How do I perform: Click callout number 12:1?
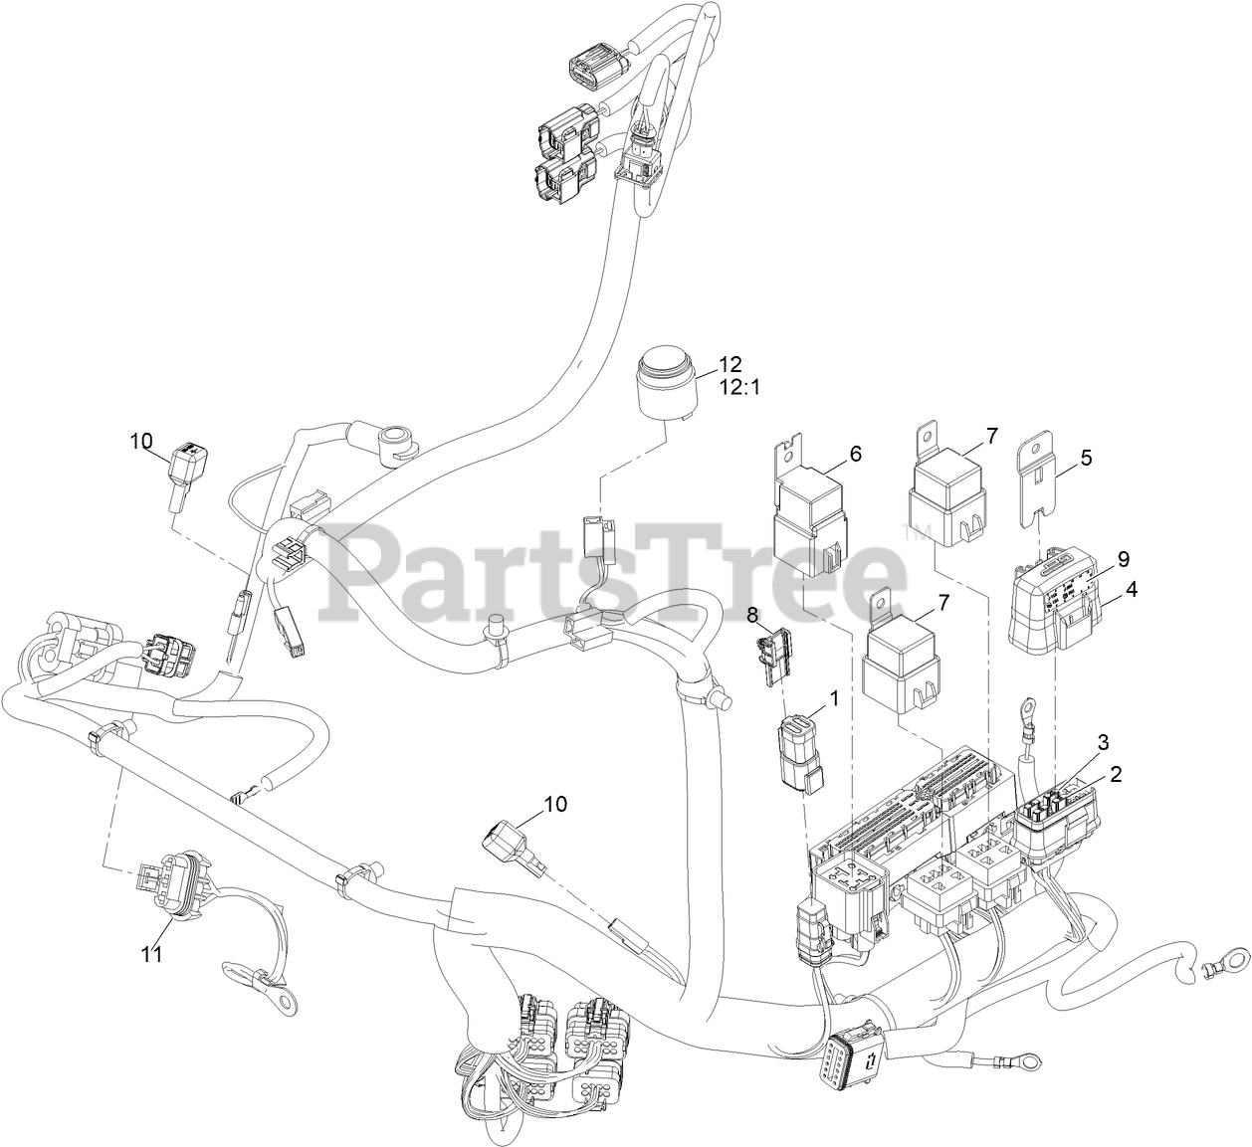click(737, 387)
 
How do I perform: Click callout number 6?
click(855, 454)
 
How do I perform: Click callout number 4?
click(1132, 588)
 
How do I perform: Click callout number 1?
click(834, 698)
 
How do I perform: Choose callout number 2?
click(1116, 774)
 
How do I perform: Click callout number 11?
click(150, 953)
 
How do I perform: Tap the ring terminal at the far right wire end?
click(1213, 963)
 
